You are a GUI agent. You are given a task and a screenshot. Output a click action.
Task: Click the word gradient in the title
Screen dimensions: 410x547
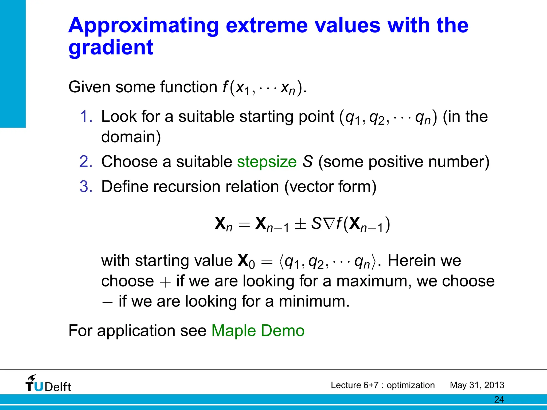pyautogui.click(x=111, y=48)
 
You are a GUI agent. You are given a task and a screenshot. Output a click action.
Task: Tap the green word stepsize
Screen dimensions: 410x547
pyautogui.click(x=267, y=162)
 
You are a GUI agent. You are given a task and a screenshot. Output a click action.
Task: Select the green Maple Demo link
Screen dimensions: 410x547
pyautogui.click(x=258, y=331)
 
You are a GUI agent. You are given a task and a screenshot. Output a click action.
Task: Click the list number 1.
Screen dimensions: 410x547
pyautogui.click(x=86, y=117)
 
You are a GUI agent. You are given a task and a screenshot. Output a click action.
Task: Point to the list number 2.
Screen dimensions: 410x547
pyautogui.click(x=86, y=162)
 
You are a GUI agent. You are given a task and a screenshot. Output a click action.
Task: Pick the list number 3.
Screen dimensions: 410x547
pyautogui.click(x=86, y=187)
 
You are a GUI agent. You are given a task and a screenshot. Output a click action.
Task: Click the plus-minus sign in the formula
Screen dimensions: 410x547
pyautogui.click(x=300, y=224)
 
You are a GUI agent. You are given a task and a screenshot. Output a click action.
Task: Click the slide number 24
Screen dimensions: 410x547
pyautogui.click(x=499, y=400)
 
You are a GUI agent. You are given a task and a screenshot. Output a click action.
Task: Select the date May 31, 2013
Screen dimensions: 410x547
pyautogui.click(x=477, y=385)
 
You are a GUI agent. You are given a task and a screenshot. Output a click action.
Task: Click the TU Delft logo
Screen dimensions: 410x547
pyautogui.click(x=48, y=384)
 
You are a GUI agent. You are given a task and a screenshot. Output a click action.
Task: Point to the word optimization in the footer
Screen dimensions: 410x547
pyautogui.click(x=411, y=385)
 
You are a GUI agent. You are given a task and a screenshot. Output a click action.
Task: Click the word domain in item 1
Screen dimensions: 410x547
pyautogui.click(x=131, y=137)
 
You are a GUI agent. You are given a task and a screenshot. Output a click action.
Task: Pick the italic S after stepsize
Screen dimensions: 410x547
pyautogui.click(x=307, y=162)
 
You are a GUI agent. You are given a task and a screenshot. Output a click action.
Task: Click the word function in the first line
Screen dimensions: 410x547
pyautogui.click(x=189, y=87)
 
